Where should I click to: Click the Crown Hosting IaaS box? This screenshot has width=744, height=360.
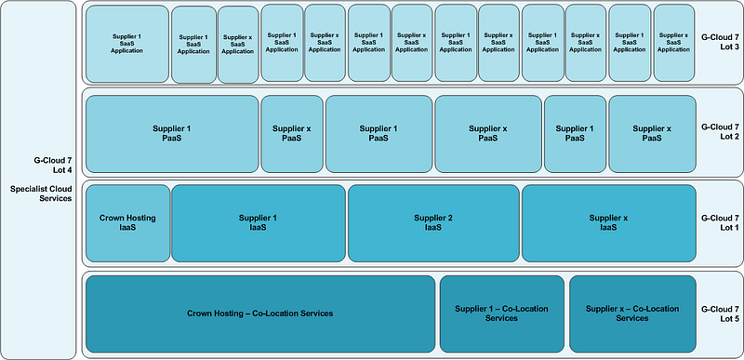pyautogui.click(x=127, y=223)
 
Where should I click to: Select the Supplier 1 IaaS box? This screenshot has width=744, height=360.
pyautogui.click(x=259, y=223)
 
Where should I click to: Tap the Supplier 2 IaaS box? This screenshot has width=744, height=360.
pyautogui.click(x=433, y=223)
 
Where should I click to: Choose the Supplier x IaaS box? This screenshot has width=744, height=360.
pyautogui.click(x=609, y=223)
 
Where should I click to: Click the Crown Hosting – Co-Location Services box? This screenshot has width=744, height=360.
pyautogui.click(x=260, y=314)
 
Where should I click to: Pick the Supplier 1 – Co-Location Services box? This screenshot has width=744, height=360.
pyautogui.click(x=502, y=314)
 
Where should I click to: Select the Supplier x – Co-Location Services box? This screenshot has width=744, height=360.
pyautogui.click(x=632, y=314)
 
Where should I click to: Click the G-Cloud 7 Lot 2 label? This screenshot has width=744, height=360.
pyautogui.click(x=720, y=132)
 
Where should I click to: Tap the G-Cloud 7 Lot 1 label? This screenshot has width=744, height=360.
pyautogui.click(x=720, y=223)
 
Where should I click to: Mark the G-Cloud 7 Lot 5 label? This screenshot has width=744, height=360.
pyautogui.click(x=720, y=314)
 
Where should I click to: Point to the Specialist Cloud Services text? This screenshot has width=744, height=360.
pyautogui.click(x=41, y=193)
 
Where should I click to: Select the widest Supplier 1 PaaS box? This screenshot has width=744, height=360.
pyautogui.click(x=172, y=134)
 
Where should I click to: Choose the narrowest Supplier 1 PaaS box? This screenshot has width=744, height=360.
pyautogui.click(x=575, y=134)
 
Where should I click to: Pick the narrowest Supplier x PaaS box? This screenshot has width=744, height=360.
pyautogui.click(x=292, y=134)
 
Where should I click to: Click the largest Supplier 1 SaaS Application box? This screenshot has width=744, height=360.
pyautogui.click(x=127, y=44)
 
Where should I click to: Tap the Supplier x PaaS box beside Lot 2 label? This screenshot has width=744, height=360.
pyautogui.click(x=653, y=134)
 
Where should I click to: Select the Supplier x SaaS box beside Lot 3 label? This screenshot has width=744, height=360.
pyautogui.click(x=674, y=43)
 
